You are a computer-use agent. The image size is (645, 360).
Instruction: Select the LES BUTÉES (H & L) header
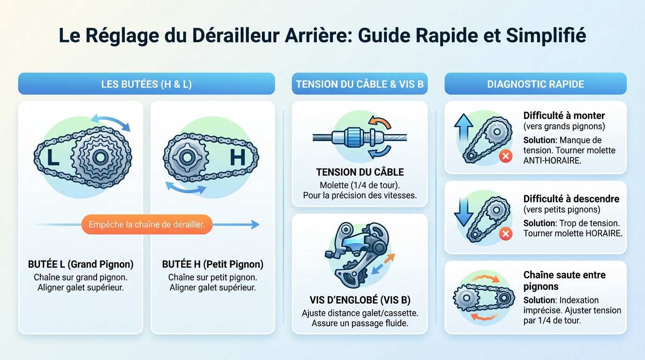click(x=146, y=84)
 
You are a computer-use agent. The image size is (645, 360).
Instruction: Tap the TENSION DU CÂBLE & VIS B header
click(x=360, y=84)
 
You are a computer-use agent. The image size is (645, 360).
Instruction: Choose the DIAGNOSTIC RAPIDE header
click(x=535, y=84)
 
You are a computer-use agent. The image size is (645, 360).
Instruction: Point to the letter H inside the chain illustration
click(x=238, y=157)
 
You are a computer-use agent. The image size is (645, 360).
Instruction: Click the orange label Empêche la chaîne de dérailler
click(x=147, y=225)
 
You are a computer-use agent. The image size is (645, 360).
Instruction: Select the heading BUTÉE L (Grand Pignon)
click(x=81, y=264)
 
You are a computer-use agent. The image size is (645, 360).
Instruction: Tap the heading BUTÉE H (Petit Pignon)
click(x=212, y=264)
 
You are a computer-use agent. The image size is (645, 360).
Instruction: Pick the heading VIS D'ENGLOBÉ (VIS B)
click(x=360, y=300)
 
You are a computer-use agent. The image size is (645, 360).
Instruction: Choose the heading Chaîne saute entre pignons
click(x=564, y=280)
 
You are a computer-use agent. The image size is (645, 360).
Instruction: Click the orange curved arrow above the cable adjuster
click(x=380, y=122)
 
